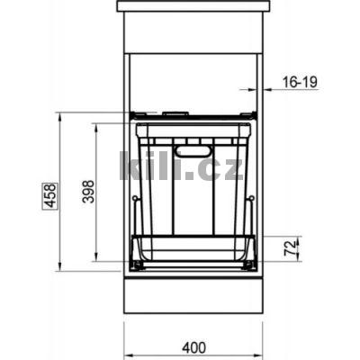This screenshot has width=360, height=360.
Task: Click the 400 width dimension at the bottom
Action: [x=192, y=346]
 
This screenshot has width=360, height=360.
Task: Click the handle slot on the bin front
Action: [x=190, y=150]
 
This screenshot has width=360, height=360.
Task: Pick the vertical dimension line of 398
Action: [x=95, y=192]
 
